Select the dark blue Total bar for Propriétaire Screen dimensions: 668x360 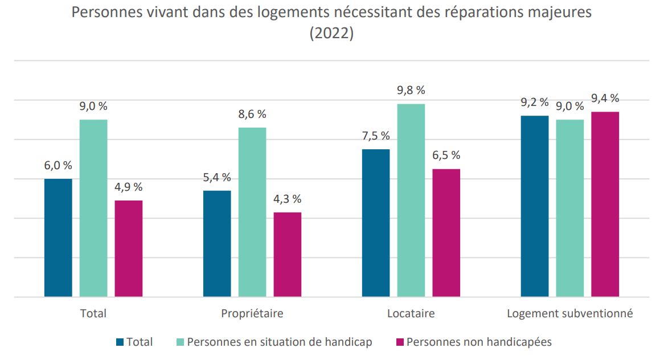218,244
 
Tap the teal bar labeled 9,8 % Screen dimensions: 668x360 411,201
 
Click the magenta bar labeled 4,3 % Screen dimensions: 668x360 288,255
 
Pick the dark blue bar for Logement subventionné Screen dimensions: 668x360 535,206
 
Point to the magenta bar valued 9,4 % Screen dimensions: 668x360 605,204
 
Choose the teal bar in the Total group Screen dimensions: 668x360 93,208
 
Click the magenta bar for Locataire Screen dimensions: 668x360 446,233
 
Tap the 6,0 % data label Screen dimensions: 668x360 58,165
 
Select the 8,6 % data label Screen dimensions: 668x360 252,114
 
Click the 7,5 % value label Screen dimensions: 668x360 376,136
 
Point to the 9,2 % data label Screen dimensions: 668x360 535,103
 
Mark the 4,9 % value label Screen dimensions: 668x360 129,187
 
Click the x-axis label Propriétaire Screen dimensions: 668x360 252,313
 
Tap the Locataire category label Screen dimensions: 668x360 411,313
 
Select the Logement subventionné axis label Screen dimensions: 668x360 570,313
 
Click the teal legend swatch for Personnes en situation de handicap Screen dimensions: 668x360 180,342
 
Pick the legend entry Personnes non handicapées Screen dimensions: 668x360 474,342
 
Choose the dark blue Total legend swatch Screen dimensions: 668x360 120,342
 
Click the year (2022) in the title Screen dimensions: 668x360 331,33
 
